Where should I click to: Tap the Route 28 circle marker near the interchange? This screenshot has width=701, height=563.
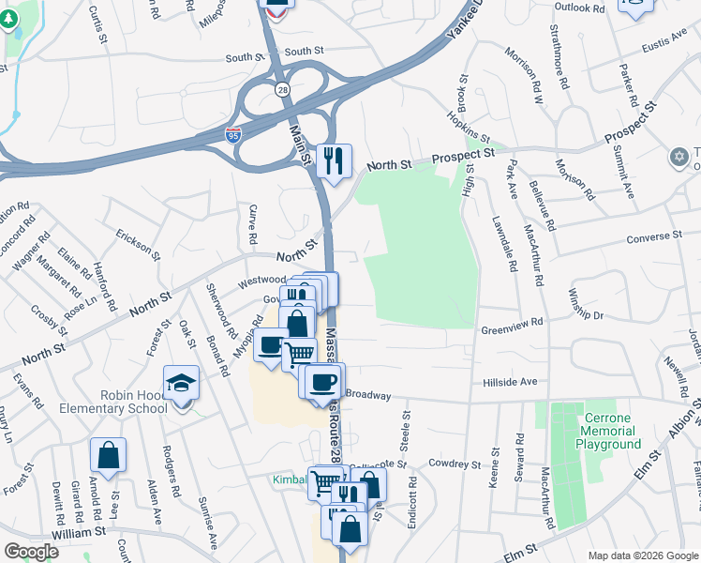282,89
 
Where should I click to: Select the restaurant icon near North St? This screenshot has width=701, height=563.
333,160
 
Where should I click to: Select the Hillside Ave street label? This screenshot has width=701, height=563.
509,382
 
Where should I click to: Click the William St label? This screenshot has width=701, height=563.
79,532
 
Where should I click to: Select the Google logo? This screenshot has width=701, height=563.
31,552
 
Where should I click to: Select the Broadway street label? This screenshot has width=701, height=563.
367,395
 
